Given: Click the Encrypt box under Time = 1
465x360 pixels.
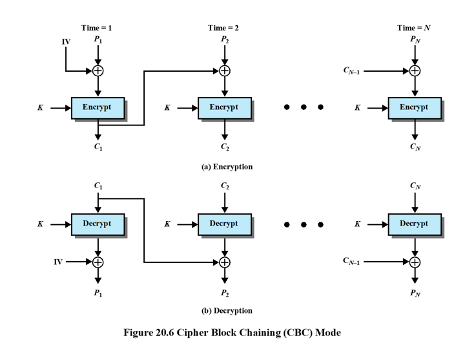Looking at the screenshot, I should point(98,107).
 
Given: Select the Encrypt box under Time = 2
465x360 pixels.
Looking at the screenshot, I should point(224,107).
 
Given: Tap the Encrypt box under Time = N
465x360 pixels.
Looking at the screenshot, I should point(414,107).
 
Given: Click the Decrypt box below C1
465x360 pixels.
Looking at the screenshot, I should point(98,224).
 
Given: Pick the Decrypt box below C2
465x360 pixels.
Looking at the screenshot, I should point(224,224).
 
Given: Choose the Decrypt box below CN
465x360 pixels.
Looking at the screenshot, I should point(414,224).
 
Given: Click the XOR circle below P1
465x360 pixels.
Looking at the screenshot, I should point(98,70).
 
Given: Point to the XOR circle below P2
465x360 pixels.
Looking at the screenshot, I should point(224,70).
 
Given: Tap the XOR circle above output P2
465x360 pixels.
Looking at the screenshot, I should point(224,262).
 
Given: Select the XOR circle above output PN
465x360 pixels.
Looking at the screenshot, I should point(414,262).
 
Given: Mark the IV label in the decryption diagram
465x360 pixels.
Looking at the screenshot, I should point(57,262).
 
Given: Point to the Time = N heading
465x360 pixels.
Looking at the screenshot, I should point(414,28).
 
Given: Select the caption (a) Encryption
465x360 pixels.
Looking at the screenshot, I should point(227,167).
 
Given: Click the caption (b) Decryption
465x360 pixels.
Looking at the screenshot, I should point(227,310).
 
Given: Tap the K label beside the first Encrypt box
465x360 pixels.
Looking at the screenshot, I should point(41,108).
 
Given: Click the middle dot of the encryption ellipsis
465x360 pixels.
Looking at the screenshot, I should point(304,107).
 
